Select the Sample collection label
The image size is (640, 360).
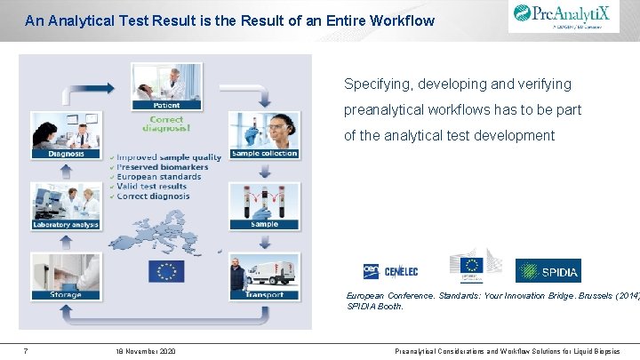pos(265,154)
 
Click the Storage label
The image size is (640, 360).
pos(65,294)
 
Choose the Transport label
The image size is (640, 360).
pos(265,294)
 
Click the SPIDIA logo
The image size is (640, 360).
pos(548,270)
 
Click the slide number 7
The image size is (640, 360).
pos(26,351)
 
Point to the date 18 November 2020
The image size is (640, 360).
pos(145,351)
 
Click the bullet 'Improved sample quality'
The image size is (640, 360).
pos(169,157)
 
